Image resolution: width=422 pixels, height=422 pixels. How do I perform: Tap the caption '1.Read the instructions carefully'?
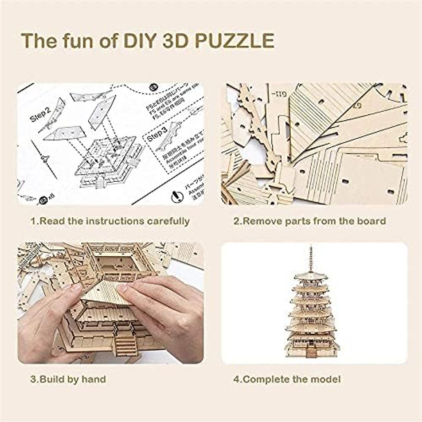click(109, 221)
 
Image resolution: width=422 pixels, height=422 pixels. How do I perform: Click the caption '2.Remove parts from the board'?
click(309, 221)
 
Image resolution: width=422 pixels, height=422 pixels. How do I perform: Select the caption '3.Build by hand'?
click(67, 379)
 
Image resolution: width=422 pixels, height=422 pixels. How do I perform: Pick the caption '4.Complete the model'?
click(287, 379)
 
